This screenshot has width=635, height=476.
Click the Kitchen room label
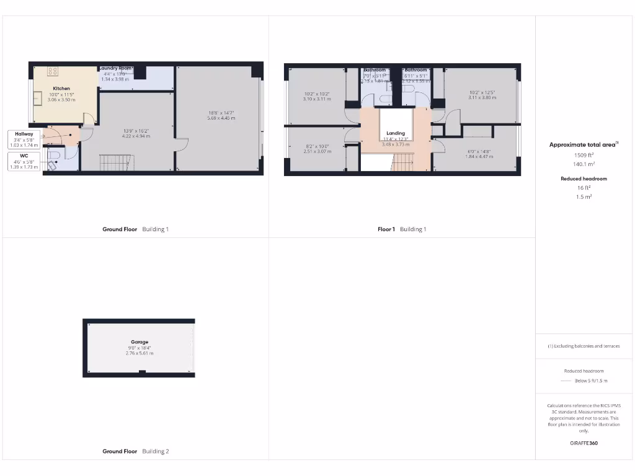point(61,89)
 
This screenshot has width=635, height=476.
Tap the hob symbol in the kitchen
point(53,71)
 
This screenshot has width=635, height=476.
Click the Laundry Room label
point(117,68)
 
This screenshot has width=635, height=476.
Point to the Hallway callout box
point(24,139)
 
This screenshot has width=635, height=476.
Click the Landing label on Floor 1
point(396,133)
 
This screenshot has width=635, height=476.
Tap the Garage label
point(139,342)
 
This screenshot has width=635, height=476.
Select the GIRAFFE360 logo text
point(582,443)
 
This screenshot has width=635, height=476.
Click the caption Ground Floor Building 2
point(135,451)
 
